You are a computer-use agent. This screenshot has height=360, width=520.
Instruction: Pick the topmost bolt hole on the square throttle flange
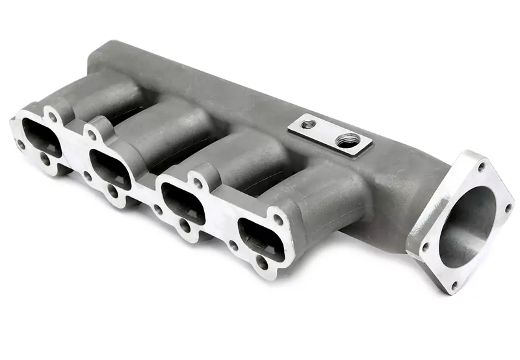(x=482, y=167)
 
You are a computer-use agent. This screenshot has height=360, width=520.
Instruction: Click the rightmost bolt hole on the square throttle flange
(x=508, y=207)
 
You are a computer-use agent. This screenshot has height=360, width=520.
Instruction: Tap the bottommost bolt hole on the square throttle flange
(x=454, y=285)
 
